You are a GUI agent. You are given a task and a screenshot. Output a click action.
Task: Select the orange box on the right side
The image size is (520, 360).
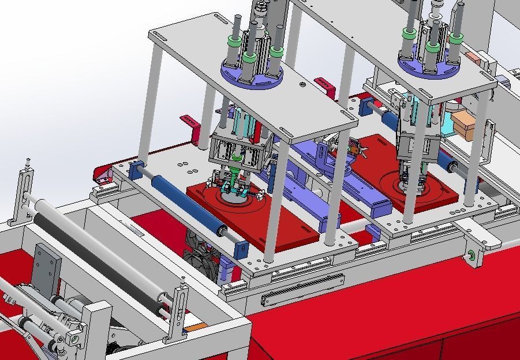pos(463,125)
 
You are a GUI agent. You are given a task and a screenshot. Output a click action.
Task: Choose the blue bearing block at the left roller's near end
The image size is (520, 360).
pos(241,249)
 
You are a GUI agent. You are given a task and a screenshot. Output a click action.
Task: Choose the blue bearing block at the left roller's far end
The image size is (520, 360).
pos(136,171)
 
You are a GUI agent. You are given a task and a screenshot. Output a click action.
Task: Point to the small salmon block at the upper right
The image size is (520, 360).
pos(473,58)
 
